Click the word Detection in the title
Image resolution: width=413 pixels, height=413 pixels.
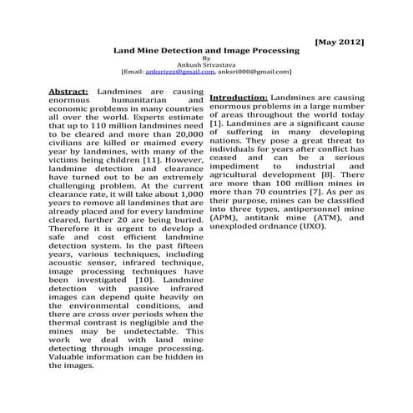coord(184,51)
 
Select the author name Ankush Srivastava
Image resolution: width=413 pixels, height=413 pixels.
coord(206,65)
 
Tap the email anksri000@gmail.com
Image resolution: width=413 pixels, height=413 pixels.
coord(259,73)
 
